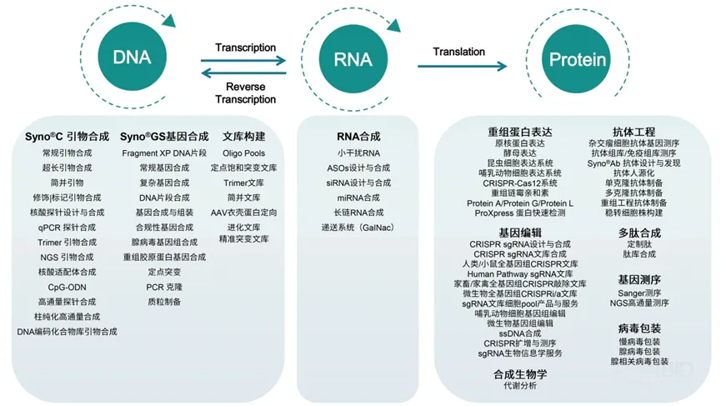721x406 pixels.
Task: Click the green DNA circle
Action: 132,58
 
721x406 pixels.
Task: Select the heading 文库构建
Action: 243,136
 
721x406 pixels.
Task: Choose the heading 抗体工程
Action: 633,132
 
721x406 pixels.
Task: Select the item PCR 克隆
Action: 164,287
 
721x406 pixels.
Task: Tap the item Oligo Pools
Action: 243,153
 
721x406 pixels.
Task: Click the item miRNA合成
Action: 358,198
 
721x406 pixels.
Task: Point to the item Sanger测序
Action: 639,293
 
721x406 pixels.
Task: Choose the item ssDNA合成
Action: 520,333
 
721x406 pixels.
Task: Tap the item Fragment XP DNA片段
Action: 164,153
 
